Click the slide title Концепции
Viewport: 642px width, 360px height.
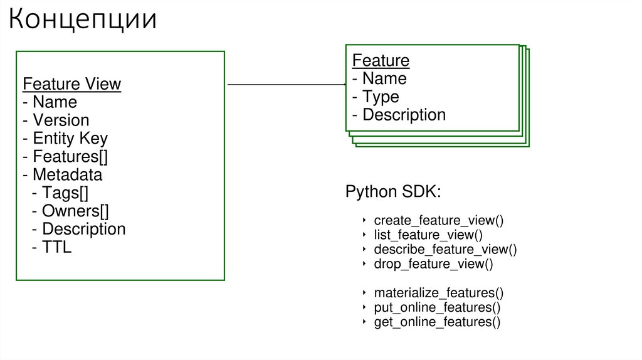click(x=82, y=19)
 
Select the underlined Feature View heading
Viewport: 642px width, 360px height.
click(x=71, y=84)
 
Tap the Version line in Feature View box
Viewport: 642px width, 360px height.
click(x=56, y=120)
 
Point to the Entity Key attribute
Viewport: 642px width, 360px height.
click(x=65, y=139)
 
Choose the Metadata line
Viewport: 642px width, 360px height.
click(x=62, y=174)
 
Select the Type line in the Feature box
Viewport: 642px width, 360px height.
click(x=376, y=97)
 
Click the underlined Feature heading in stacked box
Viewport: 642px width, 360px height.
click(x=381, y=61)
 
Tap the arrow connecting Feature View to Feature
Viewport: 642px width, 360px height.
click(x=286, y=84)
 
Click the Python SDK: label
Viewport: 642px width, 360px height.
click(x=393, y=192)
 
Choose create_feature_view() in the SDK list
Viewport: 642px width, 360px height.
click(x=439, y=221)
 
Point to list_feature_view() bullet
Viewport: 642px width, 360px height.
click(x=428, y=235)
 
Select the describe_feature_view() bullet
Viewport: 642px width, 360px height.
click(x=445, y=250)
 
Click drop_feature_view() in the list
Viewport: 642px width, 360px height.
click(x=433, y=264)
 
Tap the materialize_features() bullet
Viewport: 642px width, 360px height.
click(x=438, y=293)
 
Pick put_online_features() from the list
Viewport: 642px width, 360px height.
click(x=437, y=307)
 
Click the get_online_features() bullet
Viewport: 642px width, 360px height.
click(x=437, y=322)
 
